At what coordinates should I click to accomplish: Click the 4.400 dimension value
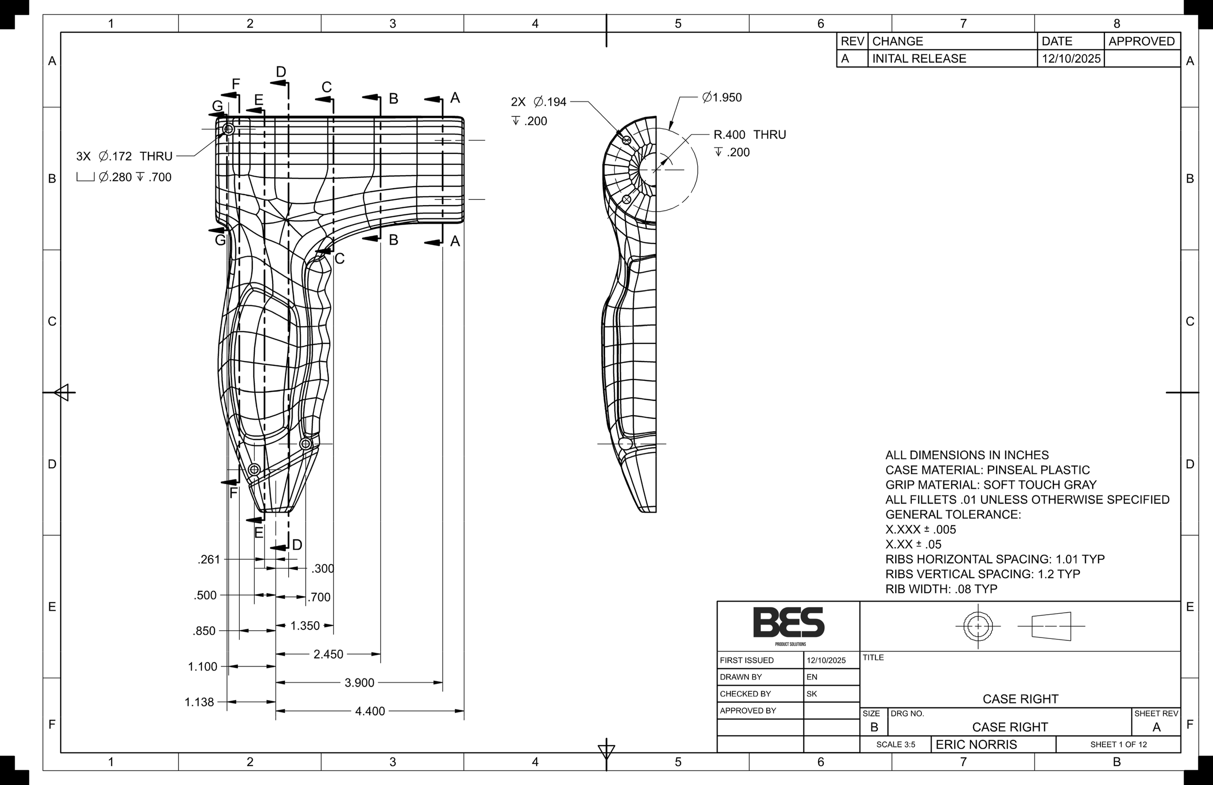pyautogui.click(x=370, y=711)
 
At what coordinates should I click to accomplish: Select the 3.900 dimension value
pyautogui.click(x=360, y=683)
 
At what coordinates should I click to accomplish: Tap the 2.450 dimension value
pyautogui.click(x=328, y=654)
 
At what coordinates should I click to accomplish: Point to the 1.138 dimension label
pyautogui.click(x=199, y=703)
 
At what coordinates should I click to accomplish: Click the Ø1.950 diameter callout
pyautogui.click(x=721, y=98)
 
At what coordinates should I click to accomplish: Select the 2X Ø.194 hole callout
pyautogui.click(x=538, y=102)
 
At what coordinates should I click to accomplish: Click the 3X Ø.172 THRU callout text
pyautogui.click(x=124, y=156)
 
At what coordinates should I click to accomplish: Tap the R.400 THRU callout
pyautogui.click(x=749, y=134)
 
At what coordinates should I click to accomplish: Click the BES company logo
pyautogui.click(x=788, y=623)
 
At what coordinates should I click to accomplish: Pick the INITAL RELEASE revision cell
pyautogui.click(x=919, y=59)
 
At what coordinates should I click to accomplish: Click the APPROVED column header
pyautogui.click(x=1141, y=41)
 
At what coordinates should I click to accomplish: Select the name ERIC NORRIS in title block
pyautogui.click(x=976, y=745)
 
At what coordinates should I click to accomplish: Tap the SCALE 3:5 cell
pyautogui.click(x=896, y=745)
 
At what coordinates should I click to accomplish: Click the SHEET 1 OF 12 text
pyautogui.click(x=1118, y=745)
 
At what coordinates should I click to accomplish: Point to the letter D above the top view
pyautogui.click(x=281, y=72)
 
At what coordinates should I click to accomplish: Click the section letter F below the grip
pyautogui.click(x=233, y=493)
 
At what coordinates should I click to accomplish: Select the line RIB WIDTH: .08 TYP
pyautogui.click(x=941, y=589)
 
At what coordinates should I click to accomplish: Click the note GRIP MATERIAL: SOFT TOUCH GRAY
pyautogui.click(x=990, y=485)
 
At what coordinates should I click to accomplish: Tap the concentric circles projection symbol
pyautogui.click(x=978, y=626)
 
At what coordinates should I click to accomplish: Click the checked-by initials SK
pyautogui.click(x=811, y=694)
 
